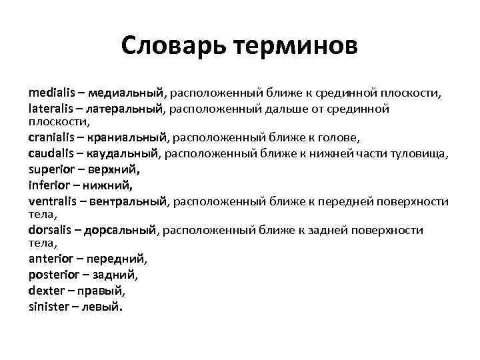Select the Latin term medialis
pyautogui.click(x=52, y=91)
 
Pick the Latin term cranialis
pyautogui.click(x=53, y=139)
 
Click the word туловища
pyautogui.click(x=423, y=154)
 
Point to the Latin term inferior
pyautogui.click(x=49, y=185)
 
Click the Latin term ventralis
pyautogui.click(x=54, y=201)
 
